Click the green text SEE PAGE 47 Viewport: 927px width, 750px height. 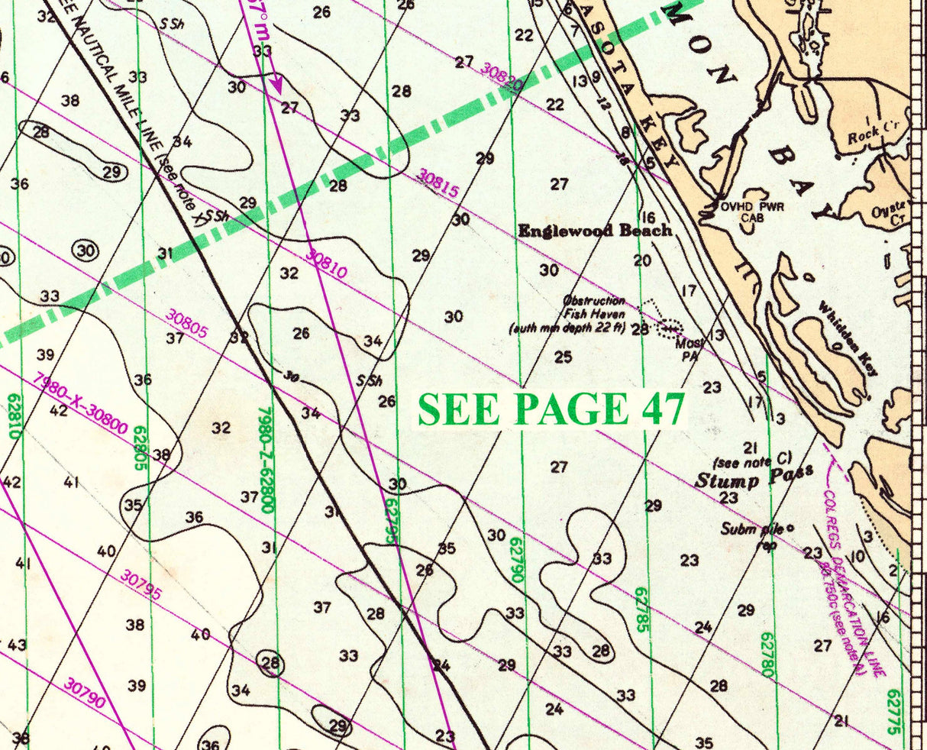pos(551,409)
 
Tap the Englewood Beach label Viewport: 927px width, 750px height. pos(595,231)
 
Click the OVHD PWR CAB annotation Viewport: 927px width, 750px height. pos(752,211)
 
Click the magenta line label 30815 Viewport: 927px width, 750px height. pos(438,183)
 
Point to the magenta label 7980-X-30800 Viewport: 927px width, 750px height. pos(81,403)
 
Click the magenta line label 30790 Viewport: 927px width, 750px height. pos(83,693)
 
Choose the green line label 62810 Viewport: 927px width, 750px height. pos(13,416)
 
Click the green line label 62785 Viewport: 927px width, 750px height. pos(640,611)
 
